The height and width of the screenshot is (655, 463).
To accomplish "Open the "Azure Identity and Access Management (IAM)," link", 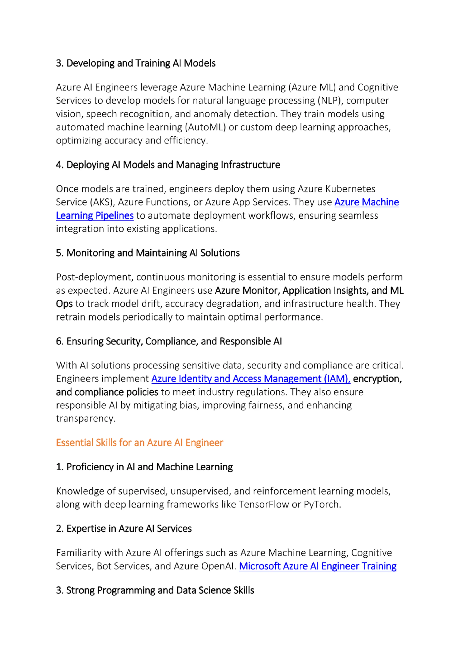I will pos(251,379).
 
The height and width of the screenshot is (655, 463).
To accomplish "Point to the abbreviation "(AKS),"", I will pos(102,202).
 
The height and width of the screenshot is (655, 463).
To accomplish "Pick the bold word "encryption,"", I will pos(377,379).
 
